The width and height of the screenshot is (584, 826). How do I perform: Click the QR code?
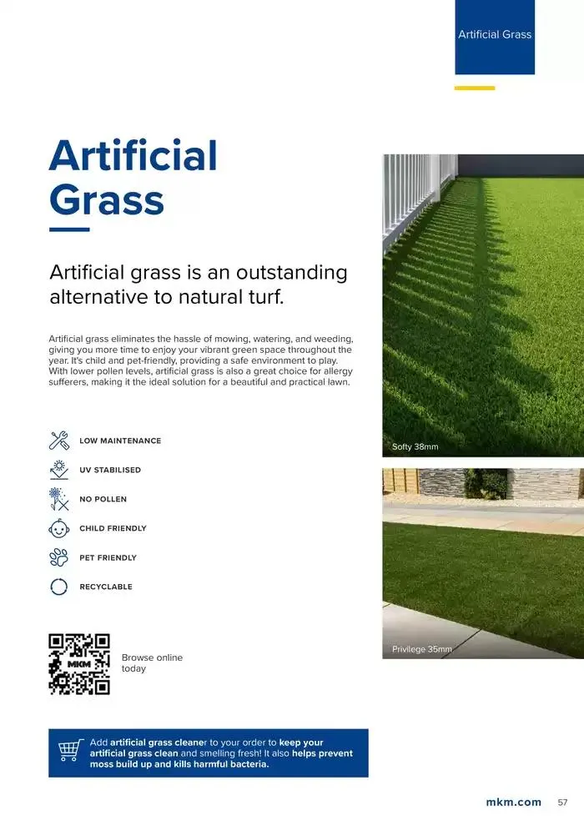(x=79, y=664)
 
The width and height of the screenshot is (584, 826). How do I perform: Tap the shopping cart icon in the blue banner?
(x=69, y=753)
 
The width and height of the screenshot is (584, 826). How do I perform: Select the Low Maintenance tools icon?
(x=59, y=441)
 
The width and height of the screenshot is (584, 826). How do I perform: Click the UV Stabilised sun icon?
(x=59, y=470)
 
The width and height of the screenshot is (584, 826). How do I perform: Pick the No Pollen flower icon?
(x=59, y=499)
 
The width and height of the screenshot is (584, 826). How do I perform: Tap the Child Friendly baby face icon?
(x=59, y=528)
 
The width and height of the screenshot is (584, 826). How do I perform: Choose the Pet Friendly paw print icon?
(x=59, y=557)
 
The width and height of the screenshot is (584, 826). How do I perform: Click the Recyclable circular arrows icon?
(x=59, y=587)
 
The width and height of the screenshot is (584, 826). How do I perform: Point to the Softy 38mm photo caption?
(x=415, y=447)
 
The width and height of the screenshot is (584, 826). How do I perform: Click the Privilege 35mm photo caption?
(x=422, y=649)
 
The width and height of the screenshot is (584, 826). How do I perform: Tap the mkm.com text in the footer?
(x=513, y=803)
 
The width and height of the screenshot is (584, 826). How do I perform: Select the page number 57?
(x=562, y=803)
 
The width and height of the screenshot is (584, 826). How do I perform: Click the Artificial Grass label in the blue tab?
(x=495, y=34)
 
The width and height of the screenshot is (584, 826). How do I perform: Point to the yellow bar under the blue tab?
(x=475, y=88)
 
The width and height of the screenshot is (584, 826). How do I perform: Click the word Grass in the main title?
(x=107, y=201)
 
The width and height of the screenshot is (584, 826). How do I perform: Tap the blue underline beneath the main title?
(x=69, y=229)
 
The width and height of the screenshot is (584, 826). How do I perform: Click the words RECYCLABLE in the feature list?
(x=106, y=587)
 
